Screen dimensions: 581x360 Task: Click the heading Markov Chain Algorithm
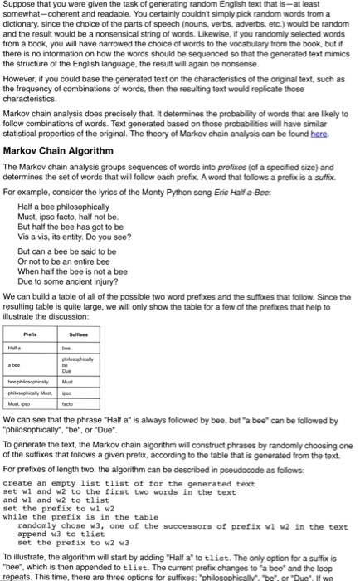(x=58, y=151)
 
